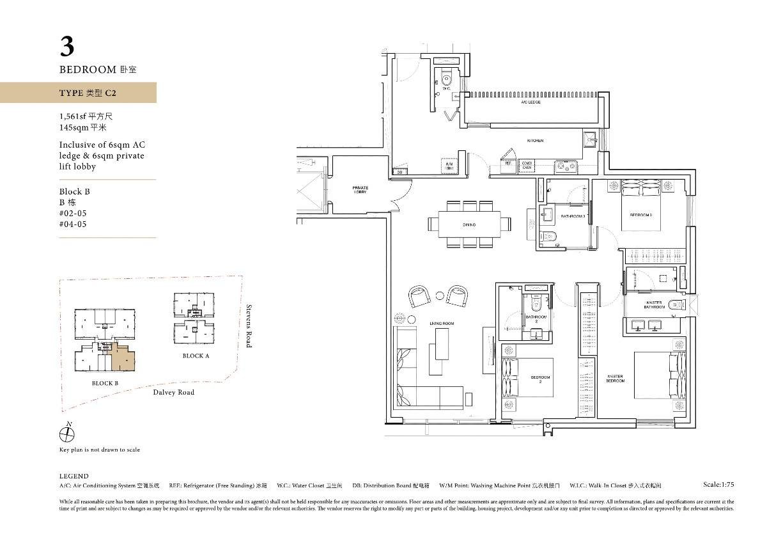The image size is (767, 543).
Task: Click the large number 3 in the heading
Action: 67,47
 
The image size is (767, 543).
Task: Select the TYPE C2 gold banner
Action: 78,93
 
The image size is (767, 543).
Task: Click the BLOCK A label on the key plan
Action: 196,356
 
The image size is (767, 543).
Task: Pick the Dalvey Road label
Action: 173,392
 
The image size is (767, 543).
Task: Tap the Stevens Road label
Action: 249,326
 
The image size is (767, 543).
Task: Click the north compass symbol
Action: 66,434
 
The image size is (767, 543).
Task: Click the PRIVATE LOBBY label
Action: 360,190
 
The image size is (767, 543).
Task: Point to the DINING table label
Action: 469,225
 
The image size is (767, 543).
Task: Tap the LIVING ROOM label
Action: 441,324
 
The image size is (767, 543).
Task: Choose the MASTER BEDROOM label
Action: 615,379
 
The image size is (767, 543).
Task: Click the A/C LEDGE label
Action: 531,102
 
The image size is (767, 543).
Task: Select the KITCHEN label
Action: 535,141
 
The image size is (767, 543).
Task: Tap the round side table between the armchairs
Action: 440,295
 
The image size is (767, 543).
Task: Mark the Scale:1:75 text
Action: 718,485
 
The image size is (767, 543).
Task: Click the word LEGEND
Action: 74,476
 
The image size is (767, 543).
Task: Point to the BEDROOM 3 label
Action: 640,215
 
